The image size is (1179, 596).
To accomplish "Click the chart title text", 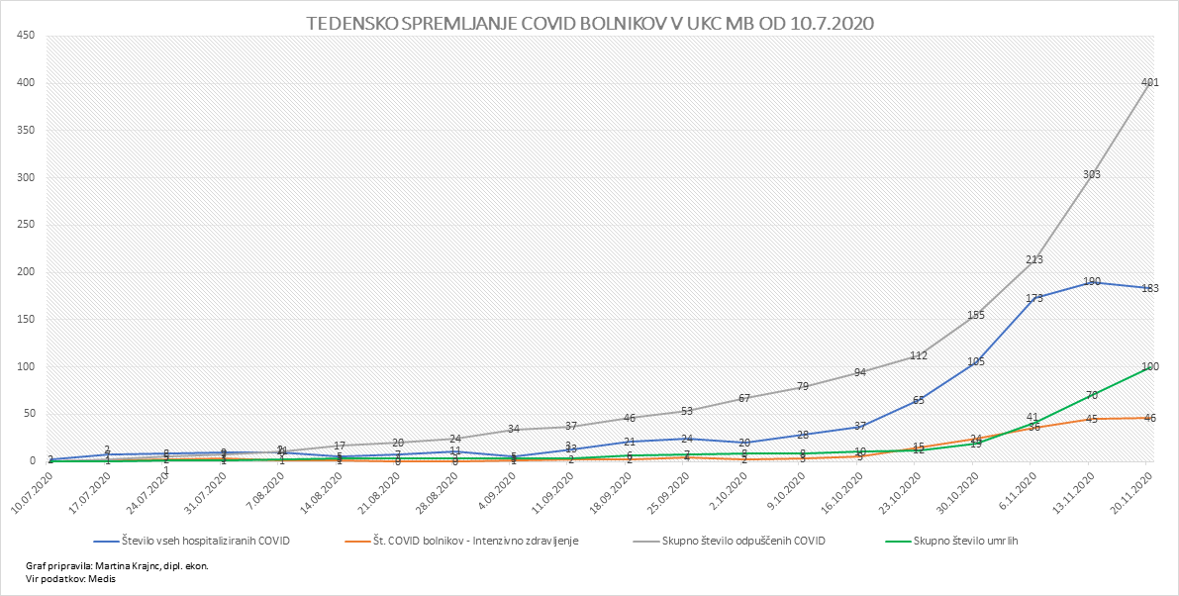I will click(x=590, y=22).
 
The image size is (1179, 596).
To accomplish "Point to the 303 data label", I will click(x=1091, y=175).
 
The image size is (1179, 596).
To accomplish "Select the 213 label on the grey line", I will click(x=1033, y=260).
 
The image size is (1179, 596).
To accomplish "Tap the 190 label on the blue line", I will click(x=1091, y=282).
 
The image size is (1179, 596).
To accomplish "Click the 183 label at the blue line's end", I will click(x=1148, y=288).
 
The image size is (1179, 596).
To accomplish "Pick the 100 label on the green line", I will click(x=1149, y=367).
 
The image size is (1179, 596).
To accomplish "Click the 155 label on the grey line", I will click(x=975, y=315).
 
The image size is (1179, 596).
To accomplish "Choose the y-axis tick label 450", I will click(x=26, y=36).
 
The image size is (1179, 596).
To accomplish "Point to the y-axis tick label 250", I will click(x=26, y=225).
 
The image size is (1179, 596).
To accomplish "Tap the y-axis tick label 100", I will click(x=26, y=366).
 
